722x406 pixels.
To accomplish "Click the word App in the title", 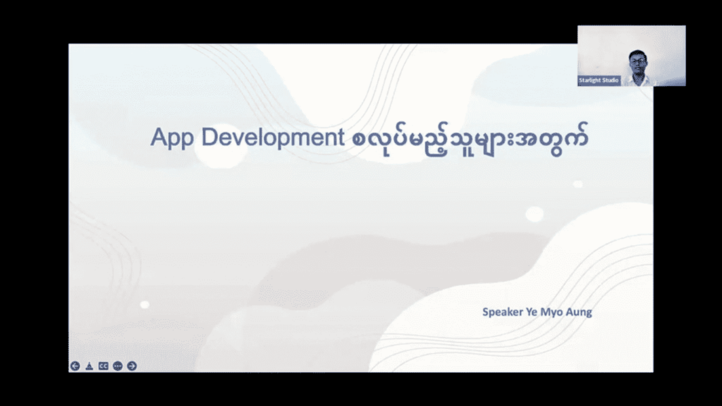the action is [172, 138].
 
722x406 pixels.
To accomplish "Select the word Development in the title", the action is [273, 138].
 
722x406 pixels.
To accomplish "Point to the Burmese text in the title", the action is [470, 139].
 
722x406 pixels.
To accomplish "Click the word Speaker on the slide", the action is [502, 312].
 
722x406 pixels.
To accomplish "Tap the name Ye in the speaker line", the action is [532, 312].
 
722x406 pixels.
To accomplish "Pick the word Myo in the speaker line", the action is [551, 312].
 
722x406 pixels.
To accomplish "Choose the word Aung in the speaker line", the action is [579, 312].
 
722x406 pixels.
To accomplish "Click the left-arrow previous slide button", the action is [75, 366].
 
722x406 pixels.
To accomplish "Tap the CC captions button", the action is [104, 366].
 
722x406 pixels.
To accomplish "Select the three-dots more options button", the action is [118, 366].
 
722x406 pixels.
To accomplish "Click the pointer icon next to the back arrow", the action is [90, 366].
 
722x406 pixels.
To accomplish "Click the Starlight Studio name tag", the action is [599, 80].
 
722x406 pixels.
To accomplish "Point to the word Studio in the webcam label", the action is [609, 80].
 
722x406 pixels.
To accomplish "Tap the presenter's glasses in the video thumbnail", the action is [638, 61].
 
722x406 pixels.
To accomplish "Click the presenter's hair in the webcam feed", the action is [637, 54].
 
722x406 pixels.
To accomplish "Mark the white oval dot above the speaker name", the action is [534, 214].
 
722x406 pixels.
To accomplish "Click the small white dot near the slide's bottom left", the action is [145, 304].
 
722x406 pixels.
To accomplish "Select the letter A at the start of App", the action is [159, 137].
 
